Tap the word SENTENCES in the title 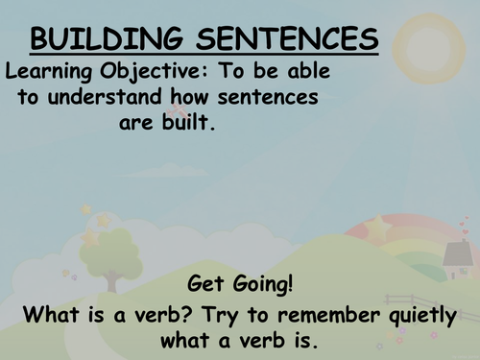point(280,40)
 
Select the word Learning point(45,71)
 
